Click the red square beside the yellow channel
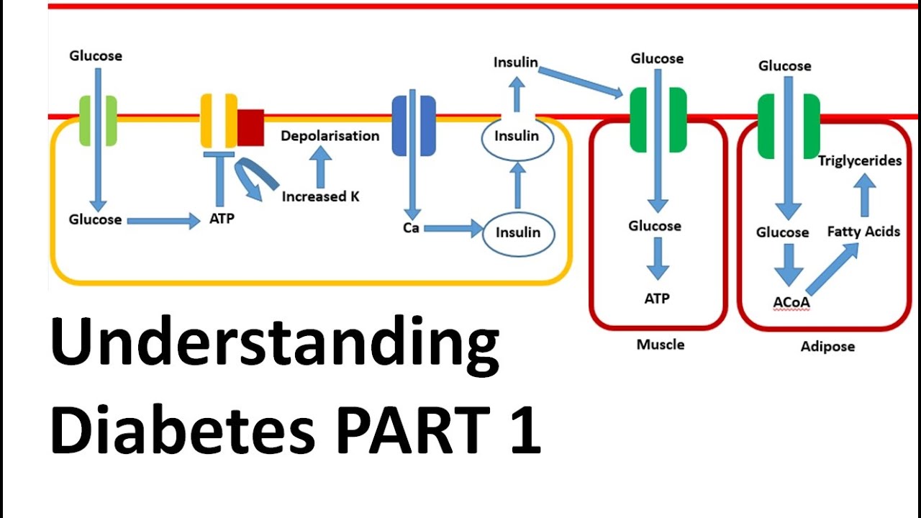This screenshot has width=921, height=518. click(251, 127)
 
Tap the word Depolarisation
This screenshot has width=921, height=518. click(330, 136)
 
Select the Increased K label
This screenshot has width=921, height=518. click(320, 196)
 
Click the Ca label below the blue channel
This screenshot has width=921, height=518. click(411, 229)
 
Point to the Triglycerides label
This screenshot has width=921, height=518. click(859, 160)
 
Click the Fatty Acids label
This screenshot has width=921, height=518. click(863, 232)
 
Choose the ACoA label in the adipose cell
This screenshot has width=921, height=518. click(791, 302)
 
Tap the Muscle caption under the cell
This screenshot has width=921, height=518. click(660, 345)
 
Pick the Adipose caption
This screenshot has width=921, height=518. click(827, 346)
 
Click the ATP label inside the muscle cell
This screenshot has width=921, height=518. click(657, 298)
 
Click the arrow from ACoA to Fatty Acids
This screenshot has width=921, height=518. click(832, 269)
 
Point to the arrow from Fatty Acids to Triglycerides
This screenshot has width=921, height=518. click(864, 195)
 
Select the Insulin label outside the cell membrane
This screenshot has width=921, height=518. click(515, 62)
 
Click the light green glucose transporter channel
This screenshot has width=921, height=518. click(99, 121)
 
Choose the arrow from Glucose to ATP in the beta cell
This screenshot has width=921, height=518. click(163, 221)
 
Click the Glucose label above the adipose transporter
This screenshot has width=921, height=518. click(784, 66)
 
